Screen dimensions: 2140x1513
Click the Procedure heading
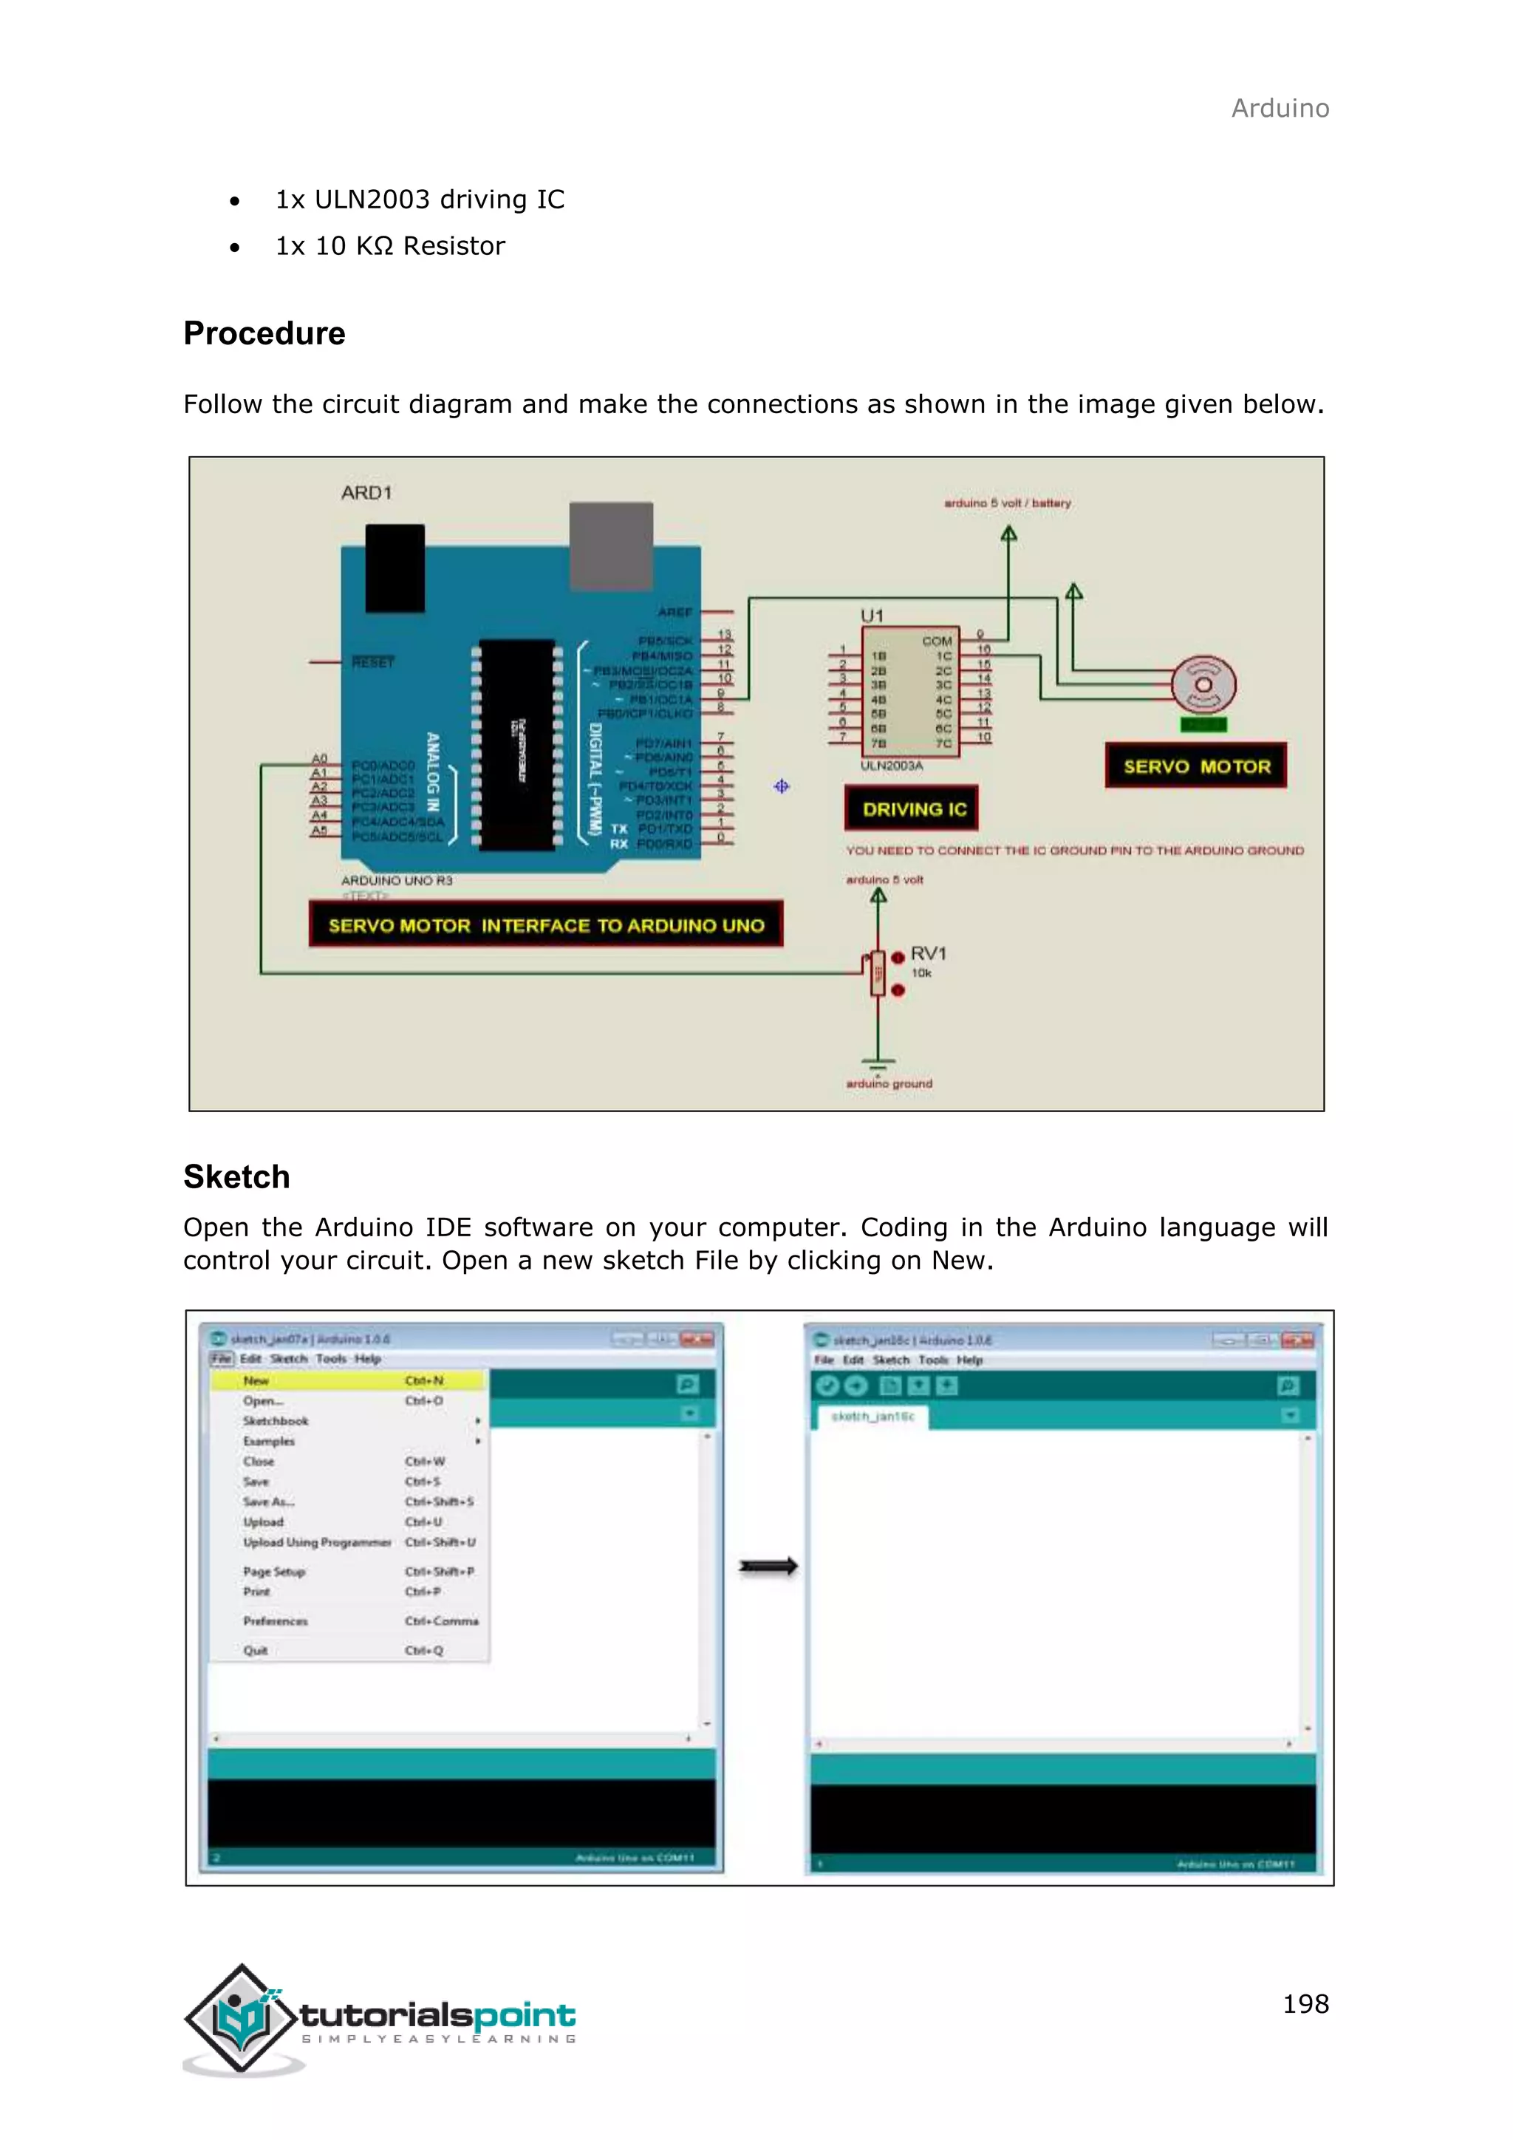click(x=264, y=334)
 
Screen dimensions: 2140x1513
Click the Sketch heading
click(x=236, y=1176)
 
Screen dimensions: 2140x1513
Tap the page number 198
click(x=1305, y=2003)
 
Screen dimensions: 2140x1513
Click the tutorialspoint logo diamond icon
click(x=242, y=2018)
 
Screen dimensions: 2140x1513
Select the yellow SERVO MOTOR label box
click(x=1195, y=766)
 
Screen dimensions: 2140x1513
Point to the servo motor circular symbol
click(x=1203, y=685)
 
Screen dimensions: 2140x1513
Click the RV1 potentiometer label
click(x=927, y=953)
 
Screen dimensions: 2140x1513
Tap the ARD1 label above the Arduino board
click(x=366, y=493)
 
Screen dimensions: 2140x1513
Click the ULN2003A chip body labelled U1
click(x=909, y=692)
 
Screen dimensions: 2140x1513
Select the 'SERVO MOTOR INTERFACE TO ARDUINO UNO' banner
click(x=545, y=924)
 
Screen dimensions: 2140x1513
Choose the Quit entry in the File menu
click(x=256, y=1650)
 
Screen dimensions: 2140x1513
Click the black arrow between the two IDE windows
click(x=768, y=1567)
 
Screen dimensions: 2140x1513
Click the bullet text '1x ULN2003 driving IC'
click(x=419, y=200)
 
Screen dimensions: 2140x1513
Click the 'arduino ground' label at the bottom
click(x=889, y=1083)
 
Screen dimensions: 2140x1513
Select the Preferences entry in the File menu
click(x=275, y=1621)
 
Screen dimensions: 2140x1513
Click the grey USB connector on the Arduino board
click(x=610, y=545)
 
